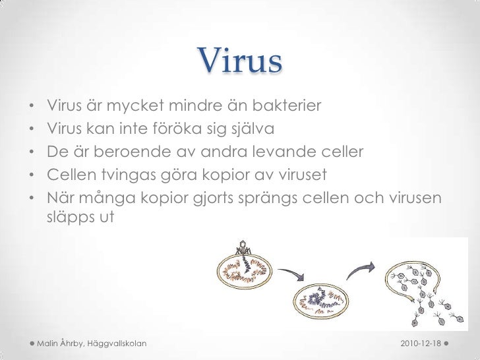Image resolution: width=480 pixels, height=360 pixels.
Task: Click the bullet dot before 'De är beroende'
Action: tap(31, 154)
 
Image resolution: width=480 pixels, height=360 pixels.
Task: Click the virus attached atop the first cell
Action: tap(245, 252)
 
